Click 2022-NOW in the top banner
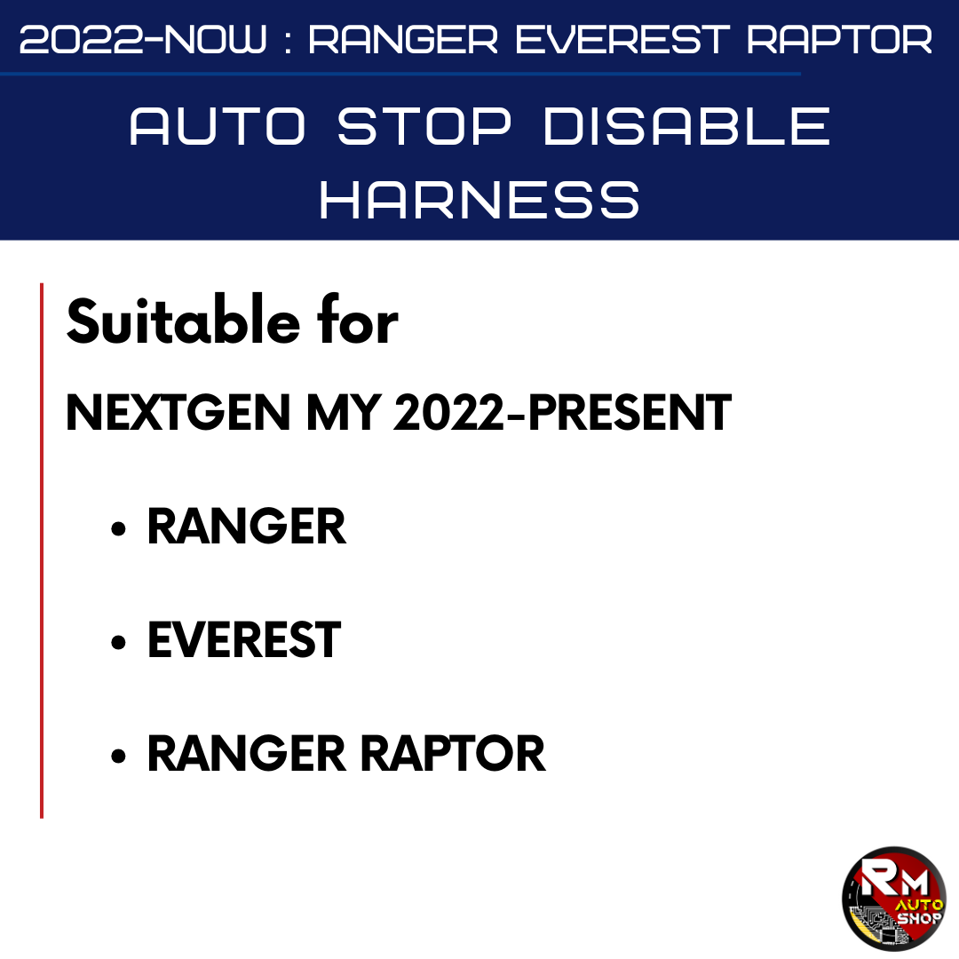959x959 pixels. (x=144, y=40)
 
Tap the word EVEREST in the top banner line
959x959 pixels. (x=622, y=40)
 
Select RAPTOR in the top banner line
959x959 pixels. (x=839, y=40)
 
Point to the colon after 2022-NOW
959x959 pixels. (x=288, y=41)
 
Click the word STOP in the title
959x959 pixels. (x=424, y=126)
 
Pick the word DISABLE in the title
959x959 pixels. (x=686, y=126)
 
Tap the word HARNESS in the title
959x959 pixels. (x=479, y=200)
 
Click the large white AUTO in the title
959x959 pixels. (x=218, y=126)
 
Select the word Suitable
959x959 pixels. (x=183, y=320)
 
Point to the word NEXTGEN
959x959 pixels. (x=178, y=412)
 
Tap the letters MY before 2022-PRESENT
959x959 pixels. (x=344, y=412)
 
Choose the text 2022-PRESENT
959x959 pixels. (x=563, y=412)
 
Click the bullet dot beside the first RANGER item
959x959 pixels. (x=119, y=528)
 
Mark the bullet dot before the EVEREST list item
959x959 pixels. (x=119, y=642)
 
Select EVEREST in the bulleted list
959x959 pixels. (x=244, y=639)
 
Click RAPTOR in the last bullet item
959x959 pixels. (x=453, y=754)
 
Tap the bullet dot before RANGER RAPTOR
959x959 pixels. (x=119, y=756)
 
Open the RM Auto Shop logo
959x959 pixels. (x=893, y=899)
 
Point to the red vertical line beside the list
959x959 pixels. (x=42, y=551)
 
